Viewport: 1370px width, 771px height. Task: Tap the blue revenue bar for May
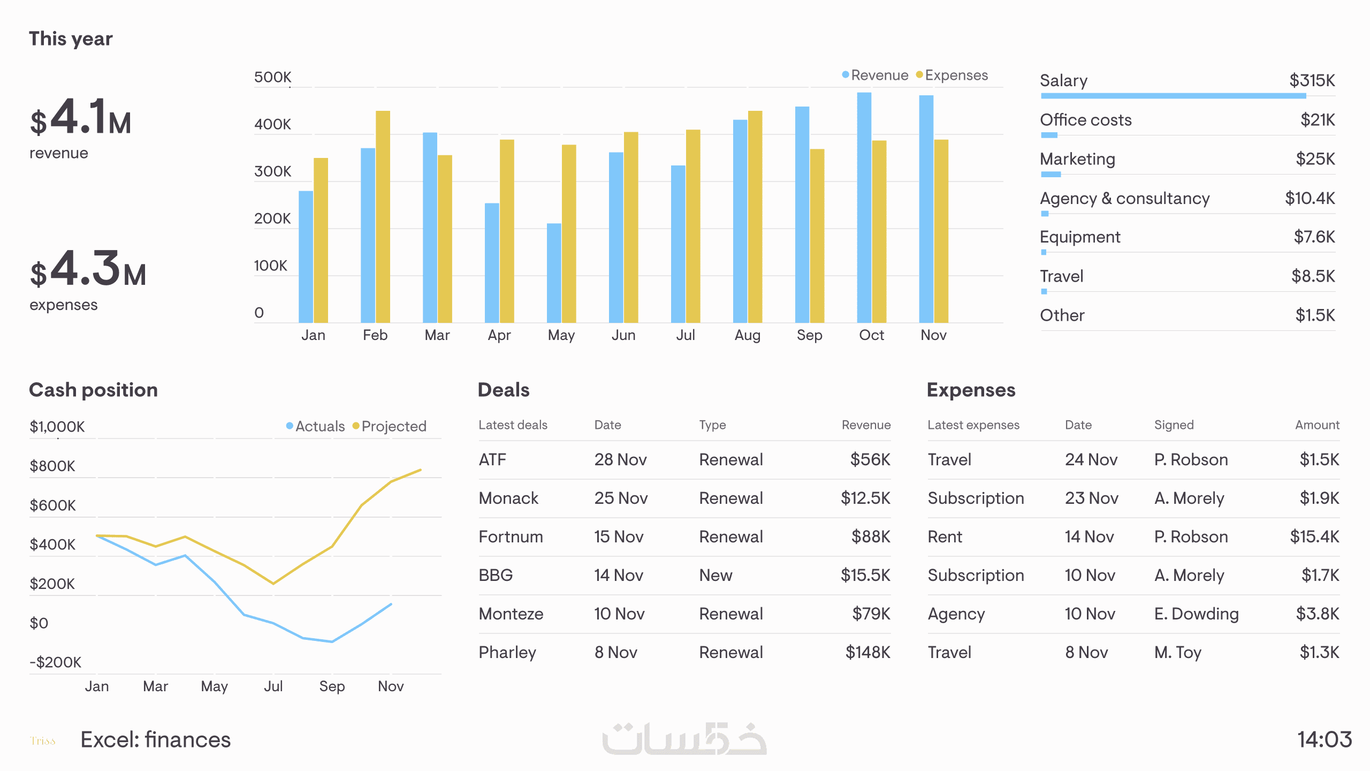coord(554,273)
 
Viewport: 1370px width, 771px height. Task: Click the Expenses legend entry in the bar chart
coord(952,75)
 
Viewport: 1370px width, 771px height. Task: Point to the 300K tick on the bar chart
coord(272,172)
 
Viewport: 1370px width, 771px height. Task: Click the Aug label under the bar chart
coord(747,336)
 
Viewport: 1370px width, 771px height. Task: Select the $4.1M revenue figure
coord(80,118)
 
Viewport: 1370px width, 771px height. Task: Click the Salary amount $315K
coord(1312,81)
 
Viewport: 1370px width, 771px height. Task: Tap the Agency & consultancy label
coord(1124,199)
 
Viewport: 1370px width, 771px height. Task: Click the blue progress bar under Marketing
coord(1051,175)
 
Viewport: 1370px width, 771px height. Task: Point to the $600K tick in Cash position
coord(52,505)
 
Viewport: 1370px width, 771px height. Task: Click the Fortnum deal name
coord(511,537)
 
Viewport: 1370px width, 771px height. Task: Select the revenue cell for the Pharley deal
coord(867,653)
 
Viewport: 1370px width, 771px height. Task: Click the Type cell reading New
coord(716,576)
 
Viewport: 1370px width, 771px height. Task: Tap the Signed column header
coord(1174,425)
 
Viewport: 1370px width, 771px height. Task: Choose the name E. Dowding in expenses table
coord(1196,614)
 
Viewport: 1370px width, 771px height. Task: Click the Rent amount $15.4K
coord(1314,537)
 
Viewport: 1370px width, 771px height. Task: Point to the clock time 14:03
coord(1325,740)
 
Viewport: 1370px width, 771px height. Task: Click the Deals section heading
coord(504,390)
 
